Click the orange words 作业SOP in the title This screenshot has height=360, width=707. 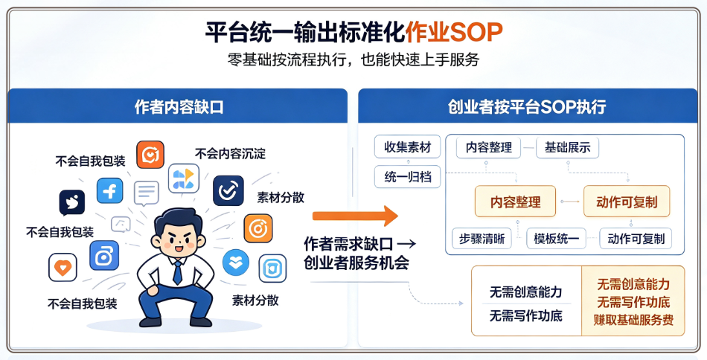(x=454, y=32)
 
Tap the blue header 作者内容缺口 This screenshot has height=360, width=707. (x=179, y=107)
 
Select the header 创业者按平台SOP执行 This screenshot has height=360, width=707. (x=527, y=107)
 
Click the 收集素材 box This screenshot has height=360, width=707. (x=408, y=147)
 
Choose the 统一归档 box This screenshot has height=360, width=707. (x=408, y=176)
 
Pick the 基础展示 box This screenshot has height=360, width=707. (x=567, y=147)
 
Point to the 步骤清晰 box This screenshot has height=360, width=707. (x=482, y=238)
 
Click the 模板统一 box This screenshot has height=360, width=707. (x=556, y=238)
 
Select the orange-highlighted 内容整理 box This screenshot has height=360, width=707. (x=516, y=202)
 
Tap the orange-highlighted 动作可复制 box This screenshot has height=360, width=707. (x=627, y=202)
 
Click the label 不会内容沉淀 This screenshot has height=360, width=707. (x=231, y=154)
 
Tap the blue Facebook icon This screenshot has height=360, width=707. (x=109, y=190)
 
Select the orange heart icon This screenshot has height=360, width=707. (x=63, y=268)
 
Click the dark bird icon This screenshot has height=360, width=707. (x=72, y=203)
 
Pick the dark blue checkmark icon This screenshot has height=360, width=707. (x=228, y=191)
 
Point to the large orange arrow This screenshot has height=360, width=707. (x=355, y=216)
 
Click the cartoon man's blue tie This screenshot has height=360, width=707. (x=178, y=272)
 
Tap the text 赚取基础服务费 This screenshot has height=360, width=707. (x=633, y=320)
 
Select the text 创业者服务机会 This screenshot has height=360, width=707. (x=356, y=263)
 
